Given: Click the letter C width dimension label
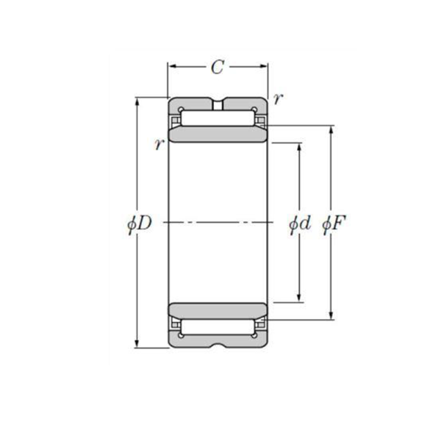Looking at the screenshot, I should point(218,68).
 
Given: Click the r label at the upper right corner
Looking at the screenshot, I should point(276,98).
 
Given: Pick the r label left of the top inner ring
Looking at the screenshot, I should point(158,143).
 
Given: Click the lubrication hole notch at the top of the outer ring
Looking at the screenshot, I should point(218,104).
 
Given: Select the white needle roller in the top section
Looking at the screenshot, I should point(218,117).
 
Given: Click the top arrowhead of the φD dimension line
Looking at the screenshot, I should point(137,100).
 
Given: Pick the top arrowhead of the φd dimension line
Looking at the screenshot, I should point(298,146).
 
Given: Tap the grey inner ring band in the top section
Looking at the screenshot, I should point(218,135).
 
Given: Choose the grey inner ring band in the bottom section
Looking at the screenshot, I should point(218,309).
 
